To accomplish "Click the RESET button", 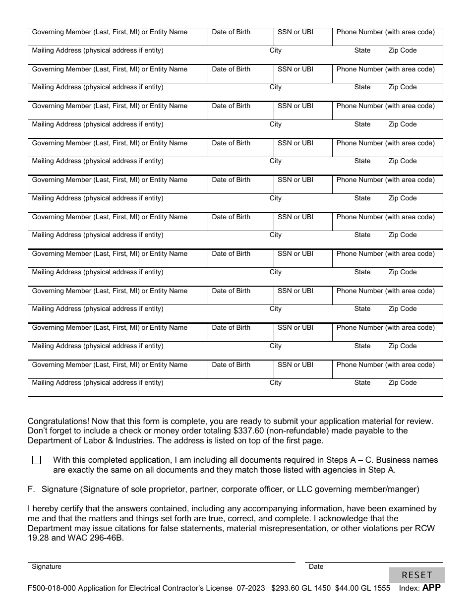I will pyautogui.click(x=416, y=575).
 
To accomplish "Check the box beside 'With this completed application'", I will pyautogui.click(x=37, y=460).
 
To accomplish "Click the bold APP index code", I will pyautogui.click(x=431, y=588).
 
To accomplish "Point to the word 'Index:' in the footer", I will pyautogui.click(x=409, y=588).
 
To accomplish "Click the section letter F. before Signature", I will pyautogui.click(x=31, y=489).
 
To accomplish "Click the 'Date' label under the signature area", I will pyautogui.click(x=316, y=566).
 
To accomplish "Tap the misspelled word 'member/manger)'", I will pyautogui.click(x=391, y=489).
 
